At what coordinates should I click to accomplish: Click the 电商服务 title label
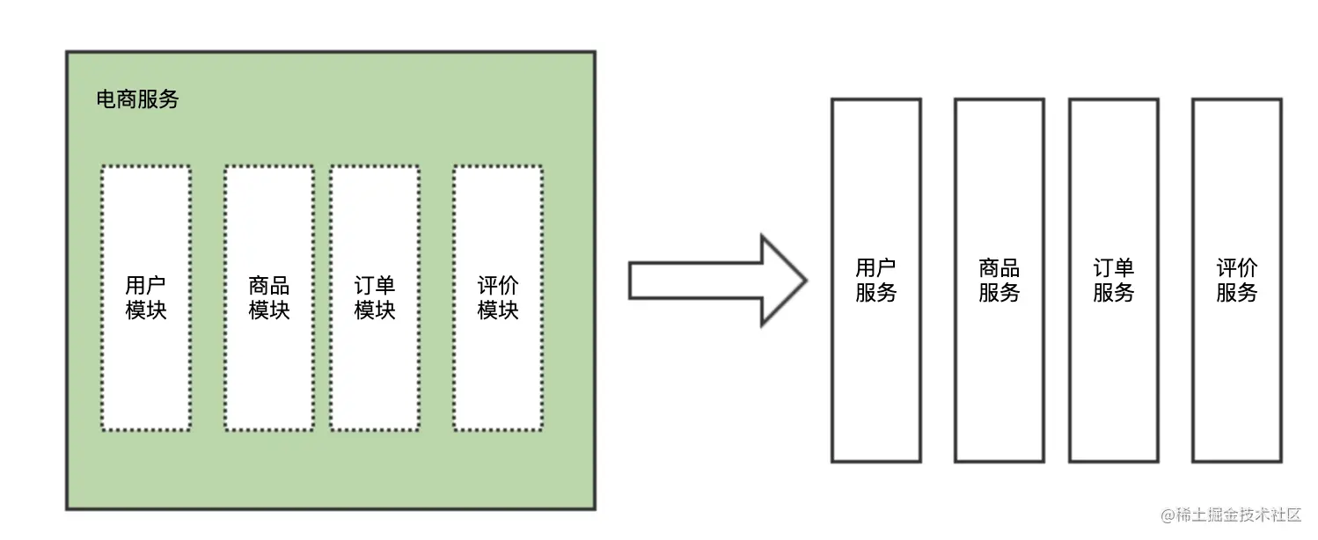(137, 99)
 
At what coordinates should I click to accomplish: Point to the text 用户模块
(146, 298)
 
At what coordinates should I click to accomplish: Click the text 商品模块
(268, 298)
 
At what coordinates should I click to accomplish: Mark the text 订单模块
(375, 298)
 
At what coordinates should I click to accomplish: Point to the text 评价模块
(498, 298)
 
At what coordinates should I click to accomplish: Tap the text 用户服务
(876, 281)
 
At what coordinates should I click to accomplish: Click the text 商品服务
(999, 281)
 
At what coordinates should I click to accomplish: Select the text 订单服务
(1114, 281)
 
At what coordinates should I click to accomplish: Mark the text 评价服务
(1237, 281)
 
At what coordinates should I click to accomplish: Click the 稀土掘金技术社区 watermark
(1230, 515)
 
